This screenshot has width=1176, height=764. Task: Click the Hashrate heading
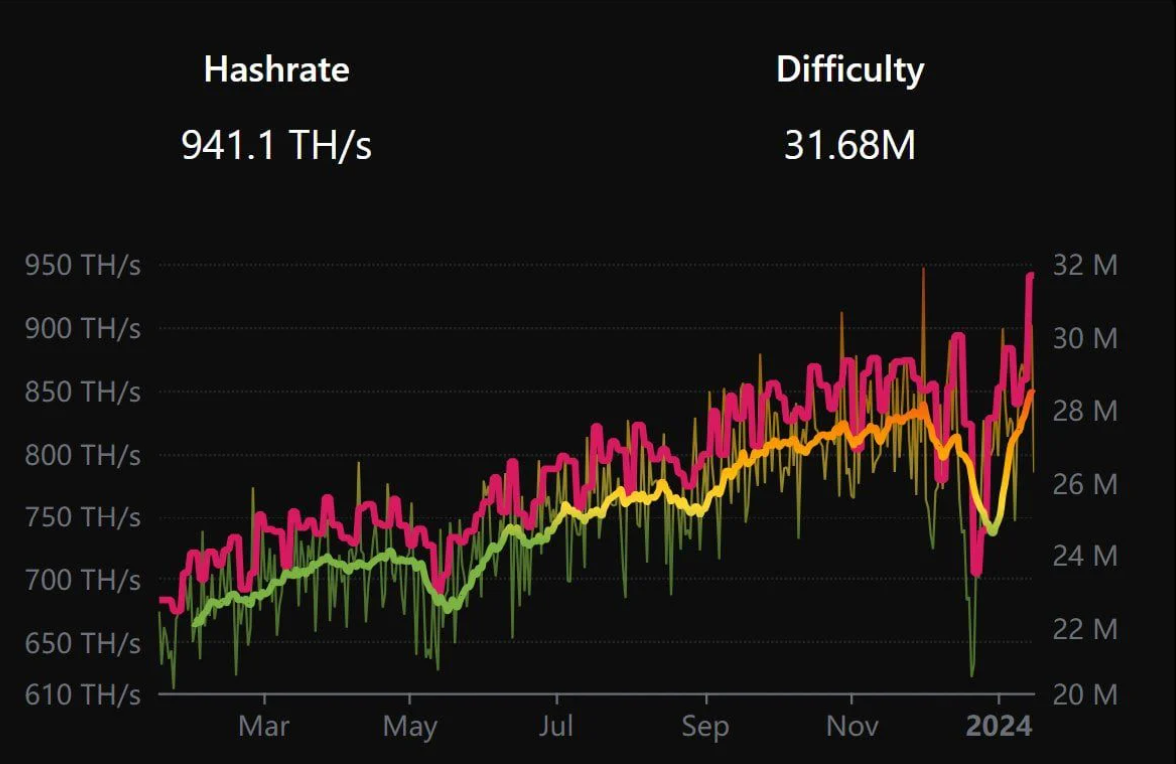[276, 69]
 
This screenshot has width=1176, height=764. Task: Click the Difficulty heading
[850, 69]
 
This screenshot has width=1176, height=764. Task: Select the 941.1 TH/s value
[276, 146]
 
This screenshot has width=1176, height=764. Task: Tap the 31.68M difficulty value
[850, 146]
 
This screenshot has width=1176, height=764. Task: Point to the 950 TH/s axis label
[82, 266]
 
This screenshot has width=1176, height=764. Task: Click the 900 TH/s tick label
[82, 329]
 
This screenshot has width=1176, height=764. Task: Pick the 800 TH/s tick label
[82, 455]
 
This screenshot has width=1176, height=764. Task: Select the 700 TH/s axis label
[82, 580]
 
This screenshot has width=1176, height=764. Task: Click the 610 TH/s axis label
[82, 694]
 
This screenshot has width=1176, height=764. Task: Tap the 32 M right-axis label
[1084, 266]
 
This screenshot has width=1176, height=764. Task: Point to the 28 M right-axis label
[1084, 411]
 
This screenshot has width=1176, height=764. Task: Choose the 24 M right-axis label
[1084, 556]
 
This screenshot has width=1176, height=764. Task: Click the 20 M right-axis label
[1084, 694]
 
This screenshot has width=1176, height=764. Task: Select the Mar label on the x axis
[264, 725]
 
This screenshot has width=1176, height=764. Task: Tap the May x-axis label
[410, 725]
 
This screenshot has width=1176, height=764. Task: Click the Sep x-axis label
[705, 725]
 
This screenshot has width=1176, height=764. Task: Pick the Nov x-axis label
[851, 725]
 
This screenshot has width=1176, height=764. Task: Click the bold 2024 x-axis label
[998, 725]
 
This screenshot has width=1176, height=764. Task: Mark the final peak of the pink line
[1030, 275]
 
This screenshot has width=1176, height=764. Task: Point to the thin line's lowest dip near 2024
[972, 674]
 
